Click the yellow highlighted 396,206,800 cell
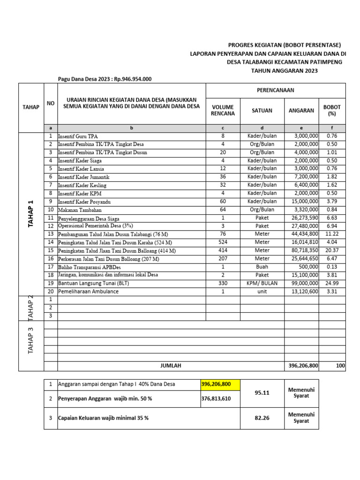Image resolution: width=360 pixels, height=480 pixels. click(216, 384)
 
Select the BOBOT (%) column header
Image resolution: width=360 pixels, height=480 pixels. click(332, 110)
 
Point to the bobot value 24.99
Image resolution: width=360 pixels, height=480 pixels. click(332, 283)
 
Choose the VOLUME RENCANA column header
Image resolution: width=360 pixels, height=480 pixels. click(223, 110)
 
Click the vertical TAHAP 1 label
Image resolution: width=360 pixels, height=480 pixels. click(31, 214)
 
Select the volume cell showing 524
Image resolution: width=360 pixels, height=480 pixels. click(223, 242)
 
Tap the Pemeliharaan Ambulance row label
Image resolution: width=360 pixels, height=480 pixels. click(88, 292)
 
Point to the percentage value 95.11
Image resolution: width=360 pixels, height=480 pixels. click(262, 393)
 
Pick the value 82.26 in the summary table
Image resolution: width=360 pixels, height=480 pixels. click(262, 418)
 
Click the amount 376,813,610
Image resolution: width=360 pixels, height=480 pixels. click(216, 399)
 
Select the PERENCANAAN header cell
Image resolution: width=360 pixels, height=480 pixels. click(275, 90)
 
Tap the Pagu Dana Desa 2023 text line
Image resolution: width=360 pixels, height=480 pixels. click(105, 79)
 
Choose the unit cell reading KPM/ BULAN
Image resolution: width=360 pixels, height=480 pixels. click(262, 283)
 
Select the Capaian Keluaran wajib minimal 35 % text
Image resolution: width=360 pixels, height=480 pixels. click(103, 418)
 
